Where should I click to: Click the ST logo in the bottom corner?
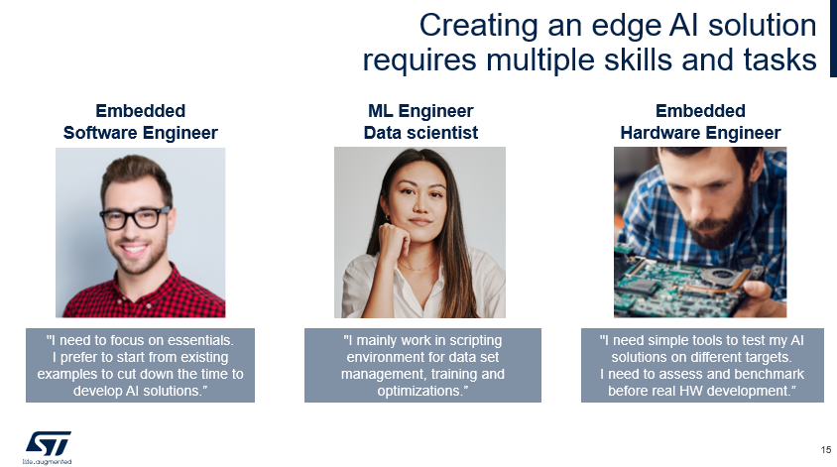pos(48,447)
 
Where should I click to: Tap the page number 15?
pos(826,450)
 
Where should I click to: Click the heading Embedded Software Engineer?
pos(141,122)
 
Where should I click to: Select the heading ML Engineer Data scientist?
pos(420,122)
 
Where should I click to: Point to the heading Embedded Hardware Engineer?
pos(700,122)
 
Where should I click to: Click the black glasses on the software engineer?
pos(135,218)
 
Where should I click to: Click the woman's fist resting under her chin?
pos(394,241)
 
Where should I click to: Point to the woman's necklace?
pos(418,265)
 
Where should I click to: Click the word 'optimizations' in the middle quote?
pos(418,391)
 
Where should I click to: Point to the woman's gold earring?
pos(388,217)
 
